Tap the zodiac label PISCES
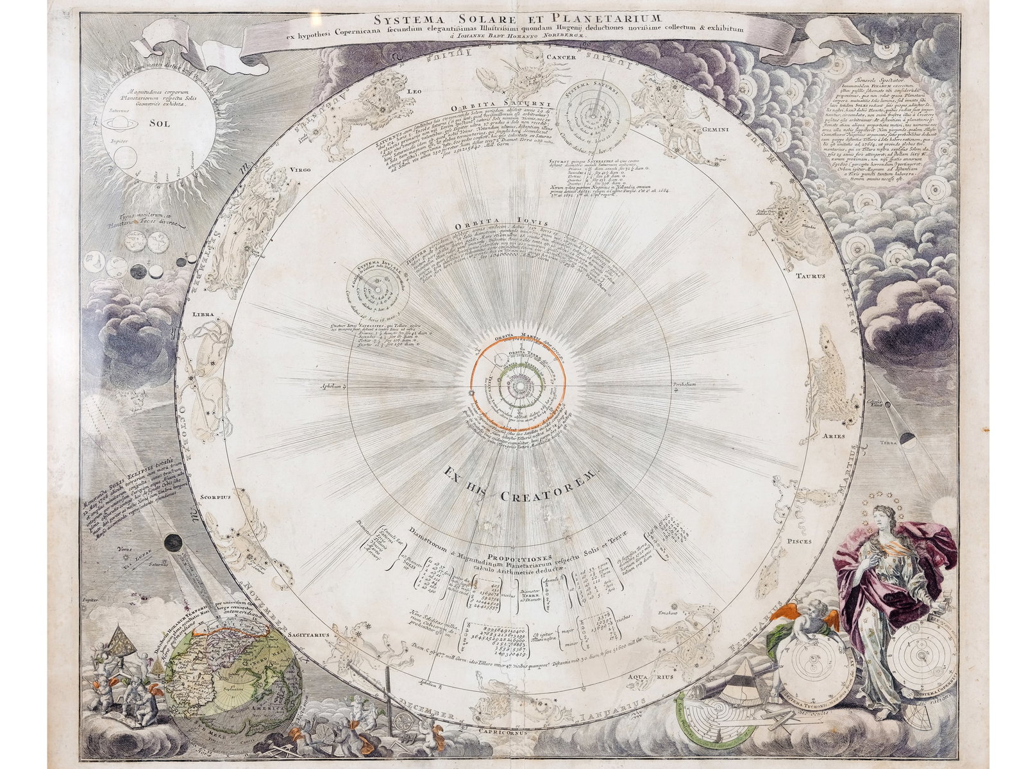(799, 541)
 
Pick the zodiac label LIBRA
(201, 315)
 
